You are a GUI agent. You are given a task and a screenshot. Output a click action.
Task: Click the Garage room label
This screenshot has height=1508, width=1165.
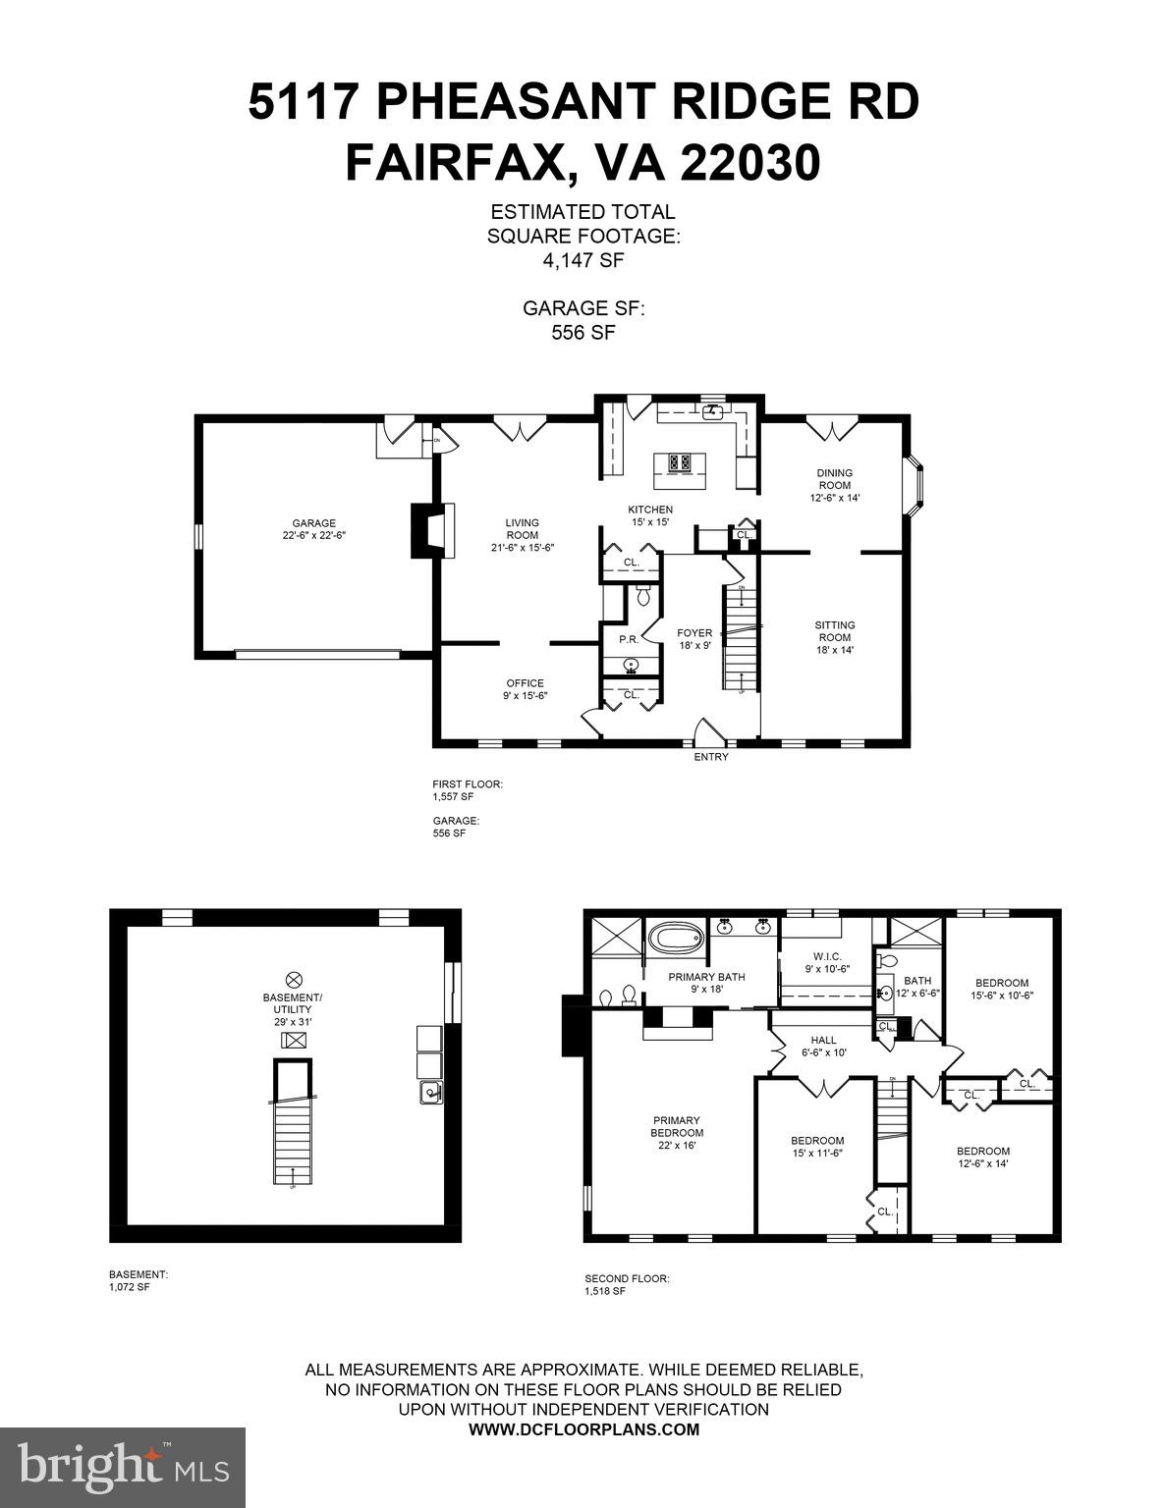click(313, 529)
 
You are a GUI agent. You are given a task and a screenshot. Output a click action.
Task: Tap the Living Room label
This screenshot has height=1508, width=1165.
click(523, 535)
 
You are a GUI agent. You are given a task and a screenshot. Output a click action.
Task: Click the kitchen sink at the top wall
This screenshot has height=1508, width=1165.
click(710, 412)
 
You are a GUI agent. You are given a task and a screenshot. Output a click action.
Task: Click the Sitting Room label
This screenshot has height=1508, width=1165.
click(834, 637)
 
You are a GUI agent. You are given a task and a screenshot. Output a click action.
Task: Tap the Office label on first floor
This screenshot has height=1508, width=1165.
click(525, 689)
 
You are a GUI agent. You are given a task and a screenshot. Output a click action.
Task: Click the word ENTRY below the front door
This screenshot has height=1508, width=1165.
click(711, 757)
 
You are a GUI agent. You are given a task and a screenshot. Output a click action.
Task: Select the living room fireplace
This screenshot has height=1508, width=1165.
click(426, 531)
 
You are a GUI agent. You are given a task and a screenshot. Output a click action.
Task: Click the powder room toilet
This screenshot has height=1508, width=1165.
click(644, 594)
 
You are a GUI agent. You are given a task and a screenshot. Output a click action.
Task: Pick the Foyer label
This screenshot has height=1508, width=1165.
click(693, 639)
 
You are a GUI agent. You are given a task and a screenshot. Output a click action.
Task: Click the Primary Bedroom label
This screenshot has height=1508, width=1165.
click(678, 1132)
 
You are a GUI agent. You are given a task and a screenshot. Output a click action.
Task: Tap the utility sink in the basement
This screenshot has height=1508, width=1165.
click(430, 1092)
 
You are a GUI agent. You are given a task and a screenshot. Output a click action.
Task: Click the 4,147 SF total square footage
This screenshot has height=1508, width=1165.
click(582, 261)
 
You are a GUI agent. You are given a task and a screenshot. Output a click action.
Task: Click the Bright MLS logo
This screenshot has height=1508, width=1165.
click(123, 1467)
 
